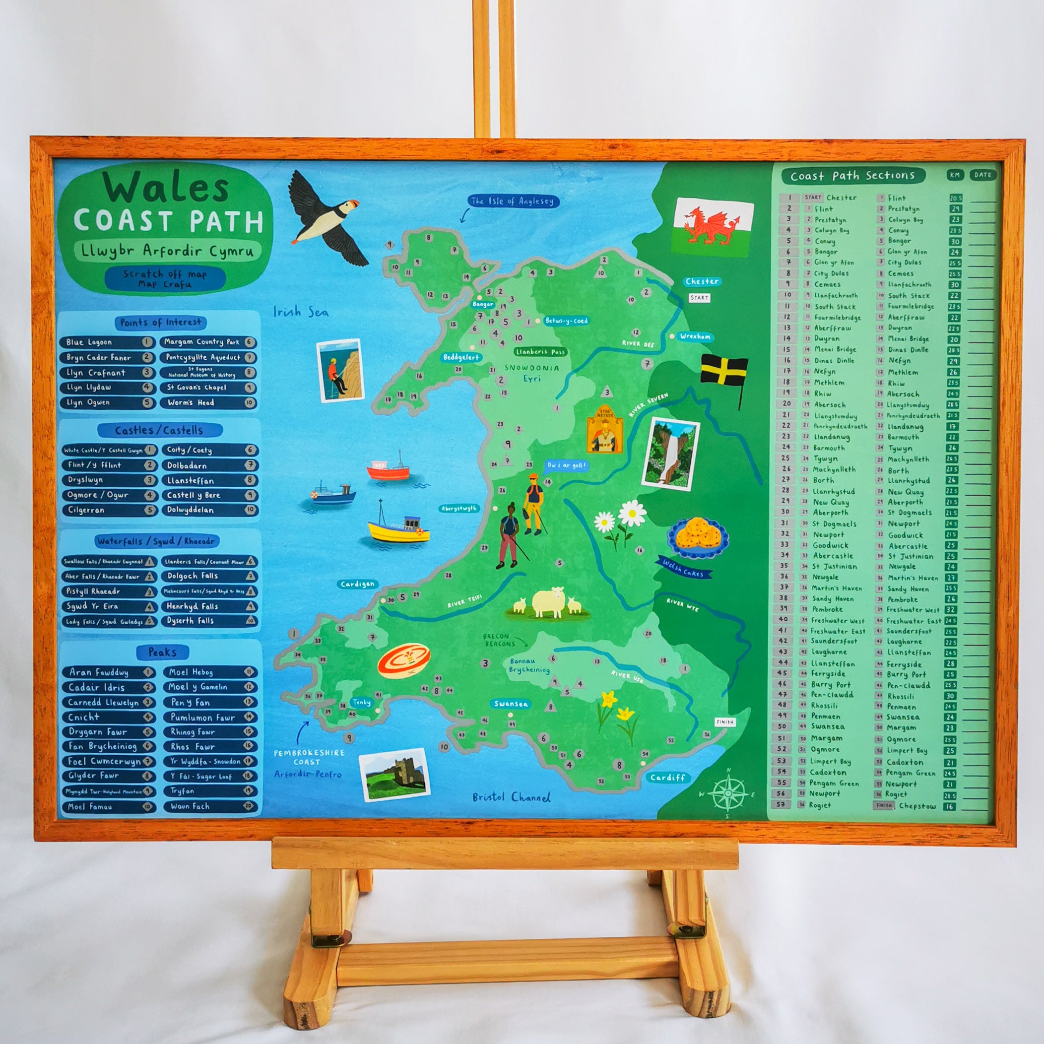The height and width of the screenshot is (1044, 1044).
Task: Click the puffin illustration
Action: (327, 218)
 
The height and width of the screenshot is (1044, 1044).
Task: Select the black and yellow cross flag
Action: (724, 372)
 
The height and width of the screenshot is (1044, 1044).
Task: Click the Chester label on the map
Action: (702, 281)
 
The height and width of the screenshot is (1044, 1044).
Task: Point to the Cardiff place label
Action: (667, 778)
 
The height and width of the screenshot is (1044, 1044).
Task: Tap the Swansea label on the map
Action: (510, 704)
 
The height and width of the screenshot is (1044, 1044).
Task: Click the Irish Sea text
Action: (300, 312)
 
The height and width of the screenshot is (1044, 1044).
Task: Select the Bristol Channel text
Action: (511, 797)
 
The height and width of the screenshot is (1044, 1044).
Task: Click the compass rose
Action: (727, 793)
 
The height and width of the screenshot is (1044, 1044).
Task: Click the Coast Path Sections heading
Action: (852, 176)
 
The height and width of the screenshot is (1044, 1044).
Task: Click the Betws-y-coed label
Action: (566, 321)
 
